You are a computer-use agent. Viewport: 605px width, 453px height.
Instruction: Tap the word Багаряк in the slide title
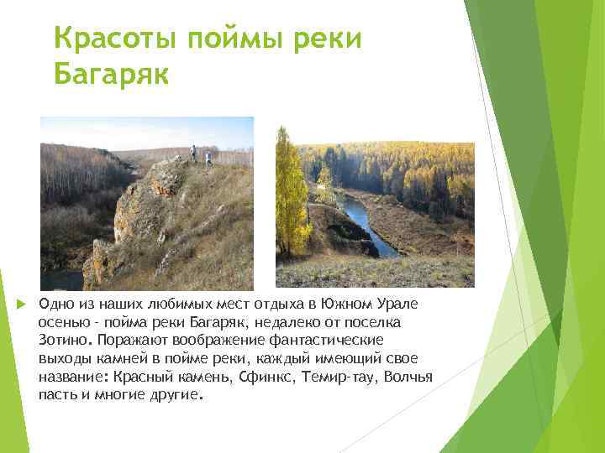tap(111, 75)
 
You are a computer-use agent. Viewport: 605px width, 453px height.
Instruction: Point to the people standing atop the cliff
tap(200, 155)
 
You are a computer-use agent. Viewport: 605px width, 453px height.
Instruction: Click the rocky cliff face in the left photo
tap(134, 218)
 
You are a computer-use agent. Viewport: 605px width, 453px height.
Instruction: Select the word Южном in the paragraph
tap(364, 303)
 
